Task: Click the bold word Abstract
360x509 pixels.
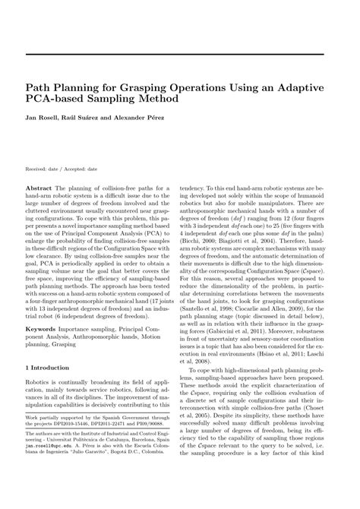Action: tap(39, 187)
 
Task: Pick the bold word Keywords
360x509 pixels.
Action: tap(42, 330)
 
